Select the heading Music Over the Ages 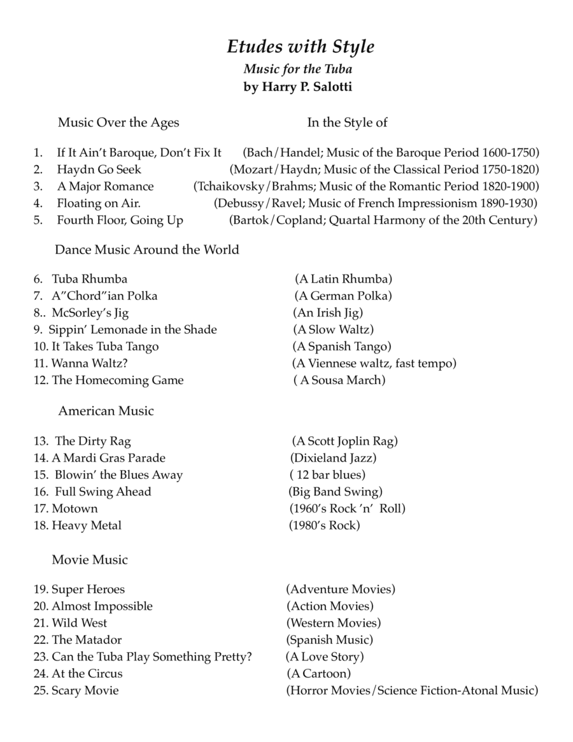pyautogui.click(x=118, y=122)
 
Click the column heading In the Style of pyautogui.click(x=348, y=122)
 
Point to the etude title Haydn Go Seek pyautogui.click(x=99, y=169)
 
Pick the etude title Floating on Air pyautogui.click(x=99, y=203)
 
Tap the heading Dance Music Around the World pyautogui.click(x=147, y=250)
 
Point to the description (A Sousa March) pyautogui.click(x=339, y=380)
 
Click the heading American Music pyautogui.click(x=106, y=411)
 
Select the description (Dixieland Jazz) pyautogui.click(x=333, y=458)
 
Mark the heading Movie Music pyautogui.click(x=90, y=560)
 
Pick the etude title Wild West pyautogui.click(x=79, y=623)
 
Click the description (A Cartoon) pyautogui.click(x=319, y=673)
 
